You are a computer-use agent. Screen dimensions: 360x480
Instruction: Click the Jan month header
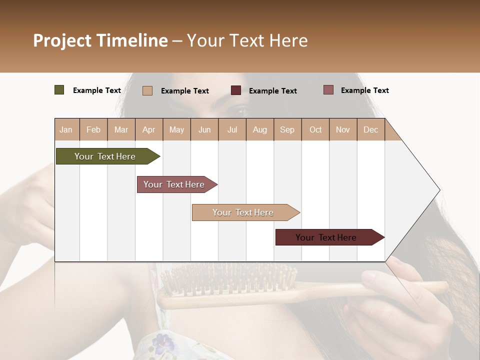66,129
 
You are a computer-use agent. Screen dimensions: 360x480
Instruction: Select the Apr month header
149,129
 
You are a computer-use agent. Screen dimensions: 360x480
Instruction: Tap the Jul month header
232,129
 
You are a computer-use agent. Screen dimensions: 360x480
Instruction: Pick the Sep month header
287,129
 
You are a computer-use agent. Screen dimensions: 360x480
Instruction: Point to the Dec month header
370,129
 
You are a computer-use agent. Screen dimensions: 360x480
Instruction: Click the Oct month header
315,129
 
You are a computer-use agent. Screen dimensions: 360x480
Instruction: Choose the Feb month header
93,129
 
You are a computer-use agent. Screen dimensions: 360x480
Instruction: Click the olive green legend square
59,90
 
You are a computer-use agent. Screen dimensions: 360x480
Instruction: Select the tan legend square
147,90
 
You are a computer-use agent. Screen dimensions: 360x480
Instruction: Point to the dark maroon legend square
236,90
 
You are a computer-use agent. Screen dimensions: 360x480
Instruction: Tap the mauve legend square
328,90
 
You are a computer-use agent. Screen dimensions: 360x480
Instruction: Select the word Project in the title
61,40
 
